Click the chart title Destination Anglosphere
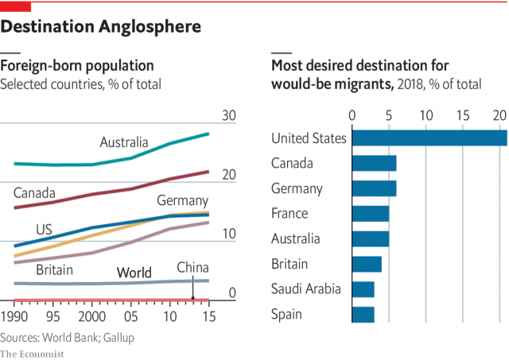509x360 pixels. (x=100, y=27)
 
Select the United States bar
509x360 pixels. (x=429, y=137)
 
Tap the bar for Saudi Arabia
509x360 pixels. (x=363, y=288)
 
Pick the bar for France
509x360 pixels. (x=370, y=213)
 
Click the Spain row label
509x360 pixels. (x=286, y=314)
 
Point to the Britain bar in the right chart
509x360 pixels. (x=367, y=263)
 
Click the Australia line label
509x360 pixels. (x=124, y=142)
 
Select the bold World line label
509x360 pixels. (x=134, y=273)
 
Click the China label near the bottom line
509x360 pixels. (x=192, y=267)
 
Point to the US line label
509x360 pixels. (x=44, y=230)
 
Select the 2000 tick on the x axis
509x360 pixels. (x=91, y=316)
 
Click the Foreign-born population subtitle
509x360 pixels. (x=77, y=65)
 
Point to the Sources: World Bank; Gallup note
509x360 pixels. (x=67, y=337)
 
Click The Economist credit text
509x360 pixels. (x=33, y=353)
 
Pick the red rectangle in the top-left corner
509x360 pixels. (x=15, y=6)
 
